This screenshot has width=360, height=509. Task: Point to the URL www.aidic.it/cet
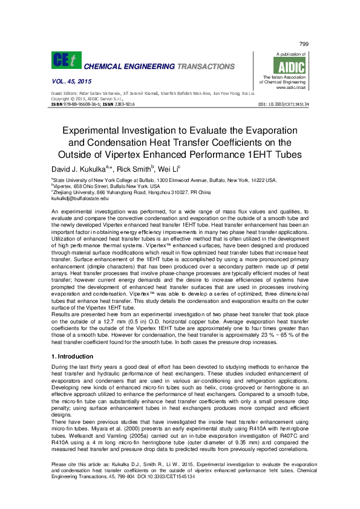tap(290, 88)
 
